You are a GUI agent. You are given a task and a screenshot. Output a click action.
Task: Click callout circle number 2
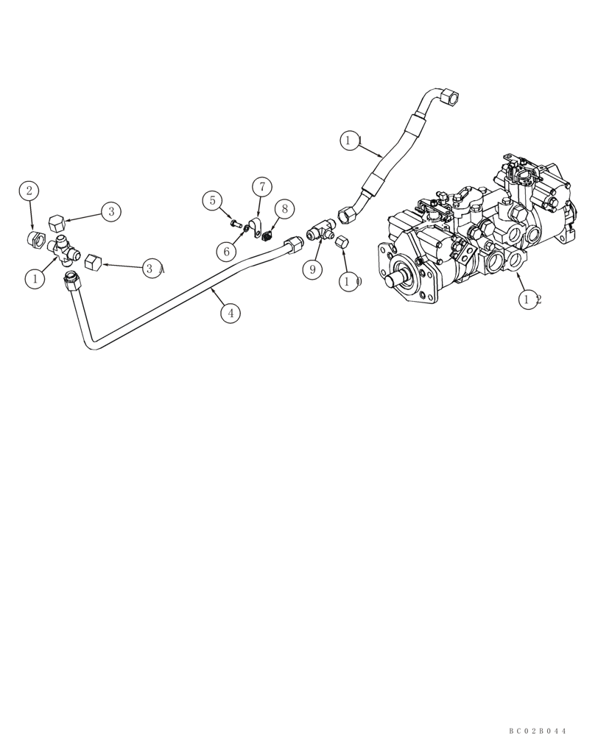pos(29,191)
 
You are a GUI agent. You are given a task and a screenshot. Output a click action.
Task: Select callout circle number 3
pos(110,212)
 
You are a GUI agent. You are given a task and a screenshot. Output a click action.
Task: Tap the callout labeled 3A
pos(152,269)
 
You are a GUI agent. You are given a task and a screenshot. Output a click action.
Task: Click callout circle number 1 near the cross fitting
pos(33,278)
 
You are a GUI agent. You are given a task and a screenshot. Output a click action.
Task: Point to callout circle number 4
pos(231,313)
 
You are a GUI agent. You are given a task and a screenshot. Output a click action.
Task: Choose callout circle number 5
pos(212,199)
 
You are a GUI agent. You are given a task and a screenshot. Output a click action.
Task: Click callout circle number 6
pos(227,250)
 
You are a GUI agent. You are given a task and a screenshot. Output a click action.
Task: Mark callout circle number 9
pos(312,269)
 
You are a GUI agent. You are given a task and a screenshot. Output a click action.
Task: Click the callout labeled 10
pos(350,280)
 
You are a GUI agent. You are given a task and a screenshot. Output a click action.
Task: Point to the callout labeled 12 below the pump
pos(530,299)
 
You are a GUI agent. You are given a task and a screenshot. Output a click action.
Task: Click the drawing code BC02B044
pos(538,730)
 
